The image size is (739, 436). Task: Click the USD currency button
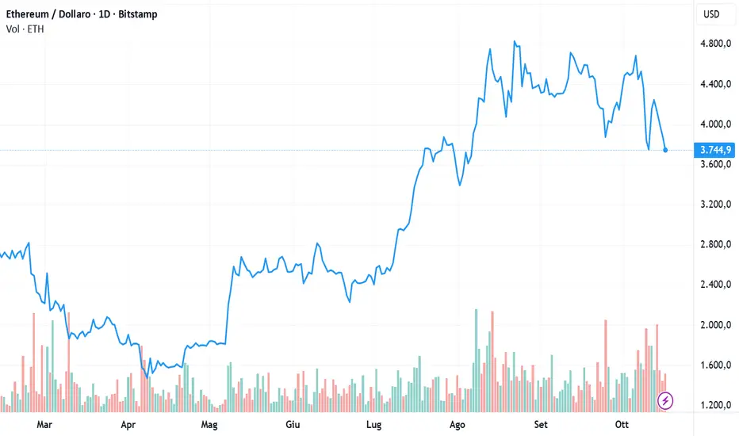tap(713, 15)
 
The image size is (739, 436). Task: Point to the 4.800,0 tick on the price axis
tap(715, 44)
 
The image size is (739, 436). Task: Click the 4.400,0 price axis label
tap(715, 84)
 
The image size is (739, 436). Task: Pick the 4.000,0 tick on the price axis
tap(715, 124)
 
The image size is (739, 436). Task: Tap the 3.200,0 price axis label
tap(715, 205)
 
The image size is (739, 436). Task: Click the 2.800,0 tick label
tap(715, 245)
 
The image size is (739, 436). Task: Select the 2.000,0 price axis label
tap(715, 325)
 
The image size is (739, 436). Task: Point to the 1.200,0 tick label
tap(715, 406)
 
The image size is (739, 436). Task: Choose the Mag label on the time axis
tap(209, 424)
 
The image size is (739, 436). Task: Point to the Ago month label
tap(457, 424)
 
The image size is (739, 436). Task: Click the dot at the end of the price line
tap(665, 150)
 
